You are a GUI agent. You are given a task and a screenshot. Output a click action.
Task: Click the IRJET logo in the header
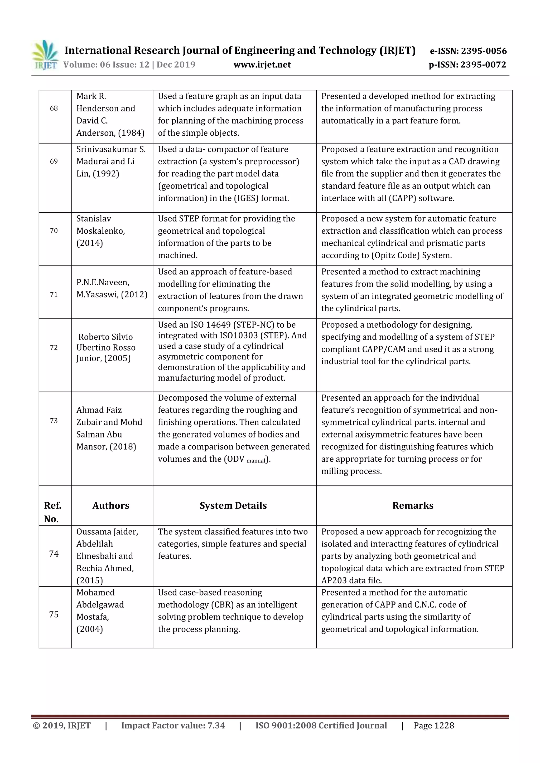point(45,55)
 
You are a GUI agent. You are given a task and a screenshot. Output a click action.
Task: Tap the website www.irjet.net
point(262,65)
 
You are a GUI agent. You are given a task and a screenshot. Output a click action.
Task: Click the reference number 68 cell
point(54,108)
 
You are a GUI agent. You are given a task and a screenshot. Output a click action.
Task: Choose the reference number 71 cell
point(54,294)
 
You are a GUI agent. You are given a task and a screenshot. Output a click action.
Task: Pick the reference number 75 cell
point(54,614)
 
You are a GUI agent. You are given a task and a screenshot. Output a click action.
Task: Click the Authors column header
point(111,505)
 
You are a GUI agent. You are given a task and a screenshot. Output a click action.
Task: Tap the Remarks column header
point(413,505)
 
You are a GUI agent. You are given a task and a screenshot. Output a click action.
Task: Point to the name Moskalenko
point(100,231)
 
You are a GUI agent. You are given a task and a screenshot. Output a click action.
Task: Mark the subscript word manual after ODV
point(256,461)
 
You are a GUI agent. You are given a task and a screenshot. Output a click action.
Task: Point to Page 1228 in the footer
point(433,725)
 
